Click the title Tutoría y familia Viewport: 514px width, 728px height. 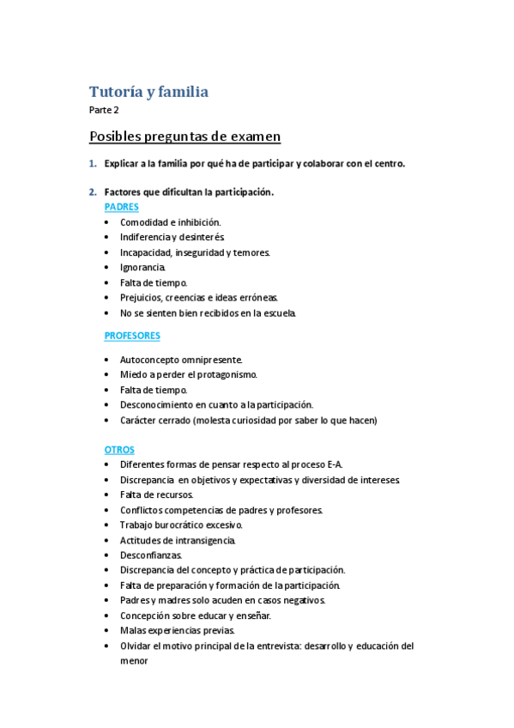(148, 91)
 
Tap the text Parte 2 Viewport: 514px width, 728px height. (104, 110)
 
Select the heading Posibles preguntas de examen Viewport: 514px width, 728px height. (184, 136)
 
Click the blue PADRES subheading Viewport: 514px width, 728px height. (121, 207)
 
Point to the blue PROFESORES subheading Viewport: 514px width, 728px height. (132, 336)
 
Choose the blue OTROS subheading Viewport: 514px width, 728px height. (119, 449)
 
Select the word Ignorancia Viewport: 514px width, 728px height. (142, 267)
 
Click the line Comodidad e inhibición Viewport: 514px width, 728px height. (170, 222)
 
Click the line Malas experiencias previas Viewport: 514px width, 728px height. (172, 630)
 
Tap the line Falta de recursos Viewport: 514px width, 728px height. (156, 494)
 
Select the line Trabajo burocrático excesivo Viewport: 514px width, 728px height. (181, 525)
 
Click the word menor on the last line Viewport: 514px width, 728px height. (134, 661)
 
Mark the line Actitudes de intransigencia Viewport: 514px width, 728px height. (178, 540)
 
